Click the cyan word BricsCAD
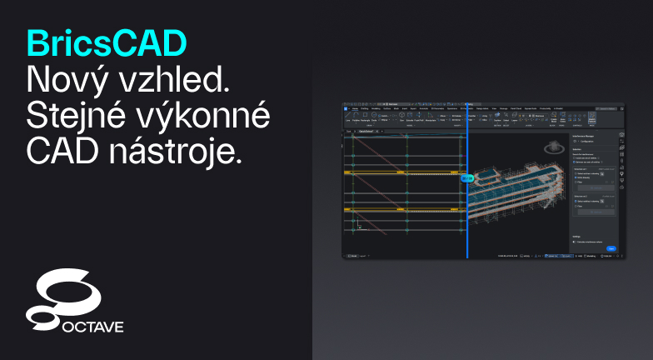pyautogui.click(x=107, y=42)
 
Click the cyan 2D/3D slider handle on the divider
pyautogui.click(x=467, y=177)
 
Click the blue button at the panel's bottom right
pyautogui.click(x=611, y=248)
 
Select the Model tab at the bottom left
pyautogui.click(x=351, y=256)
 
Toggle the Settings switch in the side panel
pyautogui.click(x=575, y=242)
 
